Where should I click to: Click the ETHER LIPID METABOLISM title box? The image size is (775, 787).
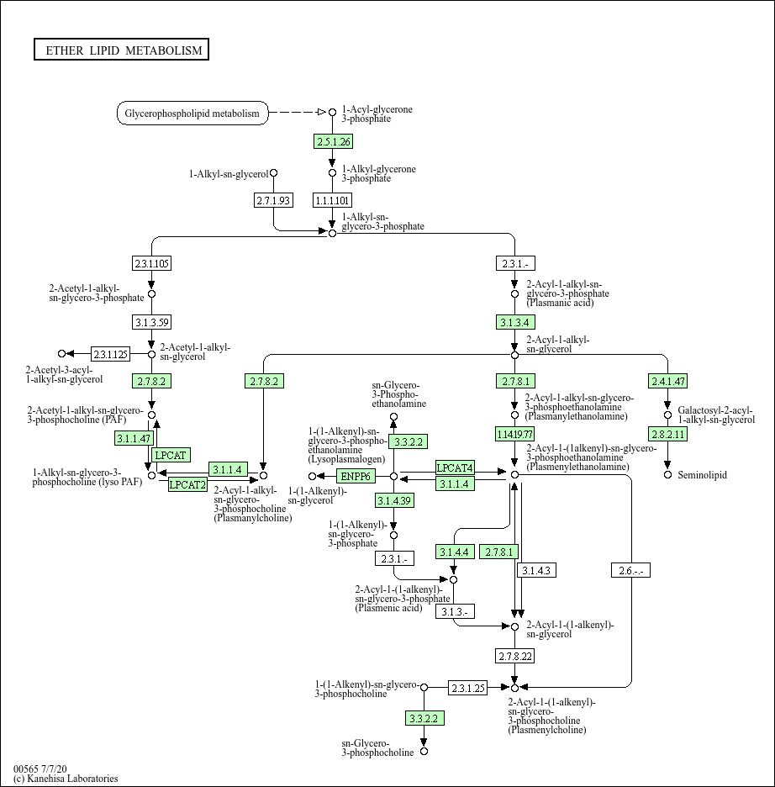[x=121, y=50]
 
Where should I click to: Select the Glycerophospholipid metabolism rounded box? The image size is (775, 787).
[x=192, y=114]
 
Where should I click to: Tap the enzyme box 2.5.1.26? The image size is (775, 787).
[x=333, y=141]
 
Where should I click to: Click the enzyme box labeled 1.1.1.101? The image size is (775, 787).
[x=332, y=200]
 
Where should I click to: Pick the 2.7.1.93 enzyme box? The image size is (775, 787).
[x=273, y=200]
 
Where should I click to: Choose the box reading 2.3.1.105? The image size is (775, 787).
[x=151, y=263]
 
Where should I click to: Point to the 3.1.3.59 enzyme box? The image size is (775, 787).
[x=151, y=322]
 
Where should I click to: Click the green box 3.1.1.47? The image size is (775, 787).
[x=134, y=438]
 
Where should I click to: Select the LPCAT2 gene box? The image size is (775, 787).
[x=187, y=484]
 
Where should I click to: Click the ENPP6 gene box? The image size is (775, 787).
[x=355, y=477]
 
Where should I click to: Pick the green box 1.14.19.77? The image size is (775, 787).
[x=515, y=434]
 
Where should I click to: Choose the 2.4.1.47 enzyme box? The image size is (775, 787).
[x=668, y=381]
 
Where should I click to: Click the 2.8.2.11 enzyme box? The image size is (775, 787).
[x=668, y=434]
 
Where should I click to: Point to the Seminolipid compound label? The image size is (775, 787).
[x=703, y=475]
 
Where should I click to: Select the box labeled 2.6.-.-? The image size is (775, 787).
[x=630, y=571]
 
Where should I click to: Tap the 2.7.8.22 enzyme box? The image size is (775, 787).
[x=515, y=655]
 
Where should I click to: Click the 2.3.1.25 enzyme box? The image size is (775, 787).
[x=468, y=688]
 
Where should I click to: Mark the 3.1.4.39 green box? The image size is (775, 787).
[x=393, y=501]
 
